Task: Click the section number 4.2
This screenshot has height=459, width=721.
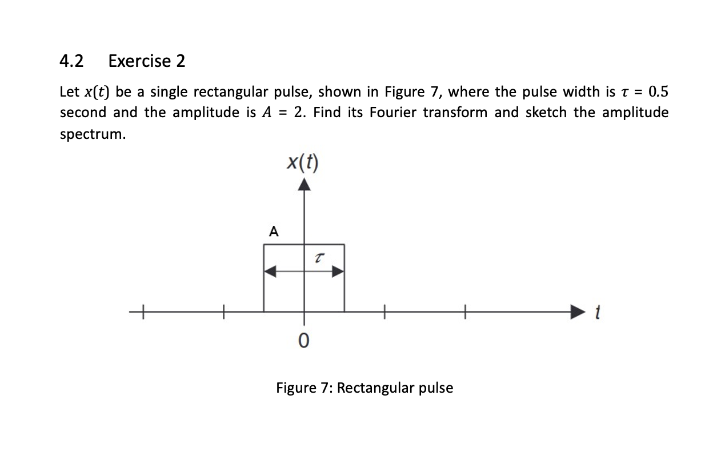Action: point(71,61)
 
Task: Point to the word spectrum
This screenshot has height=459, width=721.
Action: point(92,134)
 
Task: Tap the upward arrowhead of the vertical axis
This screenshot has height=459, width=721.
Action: point(304,184)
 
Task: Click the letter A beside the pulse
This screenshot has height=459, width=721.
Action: point(274,232)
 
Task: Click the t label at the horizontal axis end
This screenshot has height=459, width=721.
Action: point(598,313)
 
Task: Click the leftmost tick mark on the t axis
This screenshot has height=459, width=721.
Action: point(143,312)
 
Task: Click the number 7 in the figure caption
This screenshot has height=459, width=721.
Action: point(327,388)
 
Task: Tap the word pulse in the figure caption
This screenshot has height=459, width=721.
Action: point(436,388)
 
